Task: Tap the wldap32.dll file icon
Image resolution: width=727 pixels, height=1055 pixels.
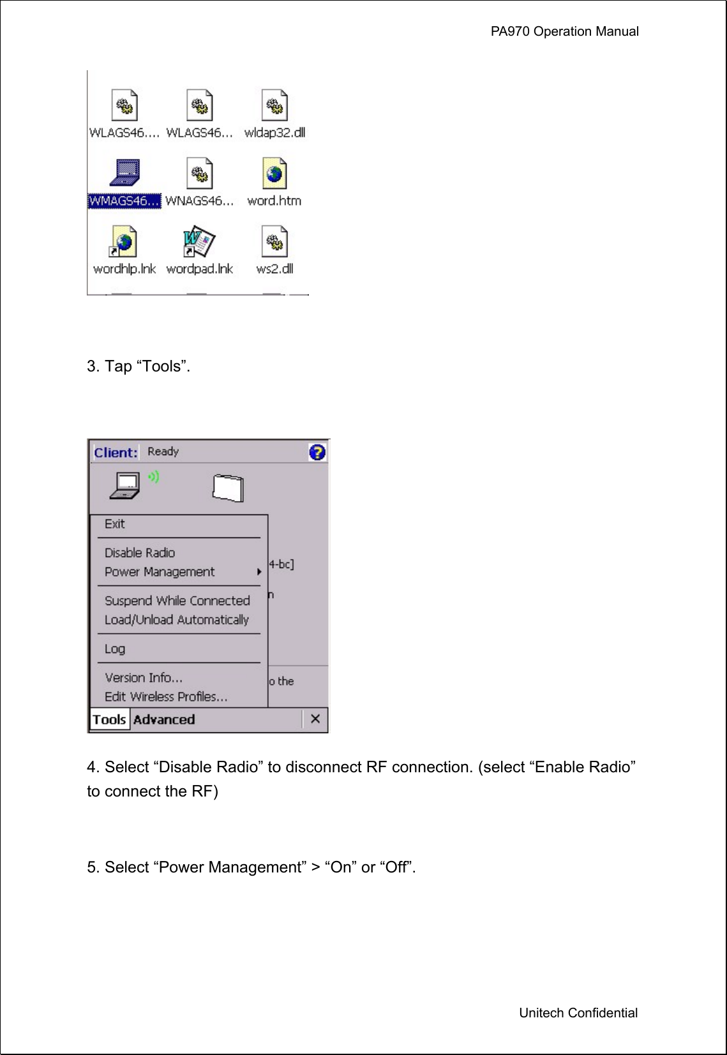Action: point(274,105)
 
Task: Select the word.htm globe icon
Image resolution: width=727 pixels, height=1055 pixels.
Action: point(274,174)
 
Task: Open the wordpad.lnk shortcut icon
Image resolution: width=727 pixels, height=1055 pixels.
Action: point(199,241)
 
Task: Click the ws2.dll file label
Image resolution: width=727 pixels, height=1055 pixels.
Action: point(274,269)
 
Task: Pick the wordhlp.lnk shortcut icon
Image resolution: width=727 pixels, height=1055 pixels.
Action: point(124,241)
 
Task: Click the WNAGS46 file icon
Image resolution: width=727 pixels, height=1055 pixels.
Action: point(199,174)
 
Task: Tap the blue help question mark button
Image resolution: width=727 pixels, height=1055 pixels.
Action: point(317,453)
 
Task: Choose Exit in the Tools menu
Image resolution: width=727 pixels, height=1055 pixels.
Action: point(115,524)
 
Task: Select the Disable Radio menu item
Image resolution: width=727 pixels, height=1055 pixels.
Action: point(140,553)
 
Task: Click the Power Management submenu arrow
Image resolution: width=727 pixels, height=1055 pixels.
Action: point(259,572)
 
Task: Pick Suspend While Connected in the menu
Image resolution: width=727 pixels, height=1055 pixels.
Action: point(177,601)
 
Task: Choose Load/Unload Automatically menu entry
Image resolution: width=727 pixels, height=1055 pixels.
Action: point(176,620)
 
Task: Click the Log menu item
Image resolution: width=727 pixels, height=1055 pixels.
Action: point(115,649)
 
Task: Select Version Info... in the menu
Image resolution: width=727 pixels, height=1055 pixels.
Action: point(144,678)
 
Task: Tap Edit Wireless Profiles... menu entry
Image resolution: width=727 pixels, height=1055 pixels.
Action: point(166,697)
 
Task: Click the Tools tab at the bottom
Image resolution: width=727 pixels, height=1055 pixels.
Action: point(109,720)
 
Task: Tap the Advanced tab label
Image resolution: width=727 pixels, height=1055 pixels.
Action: point(164,720)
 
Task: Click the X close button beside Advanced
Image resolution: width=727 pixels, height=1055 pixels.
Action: point(315,719)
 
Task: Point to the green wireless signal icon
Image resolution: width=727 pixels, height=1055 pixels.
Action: point(154,477)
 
